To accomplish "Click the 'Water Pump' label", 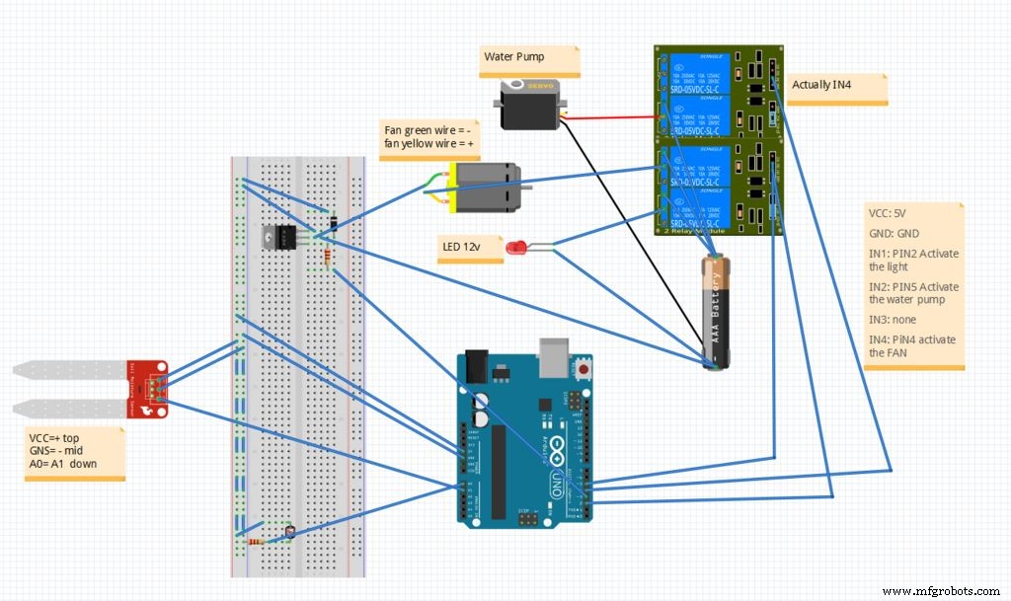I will (x=513, y=56).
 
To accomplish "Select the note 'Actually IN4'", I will (x=820, y=86).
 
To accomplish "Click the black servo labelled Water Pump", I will (x=530, y=105).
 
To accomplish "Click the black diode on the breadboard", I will (x=335, y=224).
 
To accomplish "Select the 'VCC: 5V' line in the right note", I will (x=891, y=212).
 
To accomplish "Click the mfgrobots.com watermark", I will (x=941, y=590).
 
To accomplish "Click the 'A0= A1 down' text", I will (x=63, y=463).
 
